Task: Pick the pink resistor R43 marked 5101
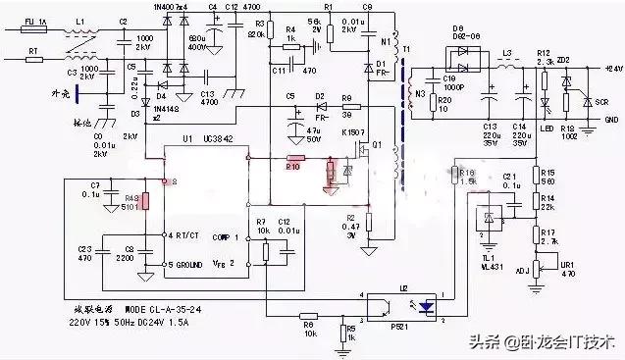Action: (x=145, y=202)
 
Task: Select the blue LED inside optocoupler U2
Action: (x=426, y=305)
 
